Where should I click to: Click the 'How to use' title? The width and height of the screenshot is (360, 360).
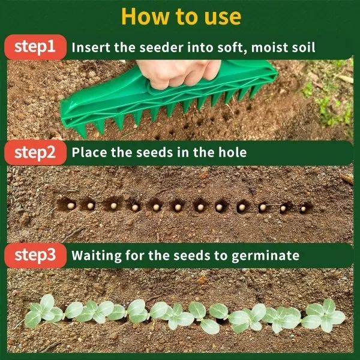(x=180, y=16)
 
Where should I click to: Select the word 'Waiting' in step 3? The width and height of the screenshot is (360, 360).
(x=95, y=256)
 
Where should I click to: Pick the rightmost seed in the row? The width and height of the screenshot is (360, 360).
(x=303, y=209)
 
